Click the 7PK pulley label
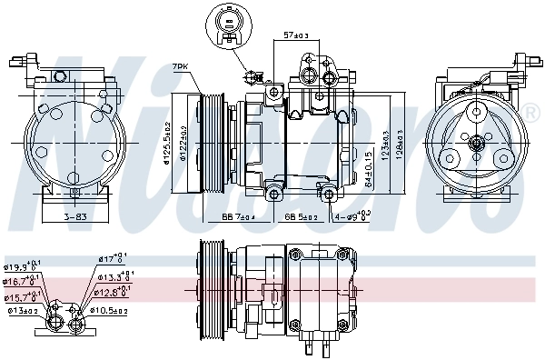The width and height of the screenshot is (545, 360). (181, 67)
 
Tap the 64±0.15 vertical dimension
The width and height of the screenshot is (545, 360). (368, 166)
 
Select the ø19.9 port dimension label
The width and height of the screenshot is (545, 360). (22, 267)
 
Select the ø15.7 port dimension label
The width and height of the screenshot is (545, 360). (22, 296)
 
